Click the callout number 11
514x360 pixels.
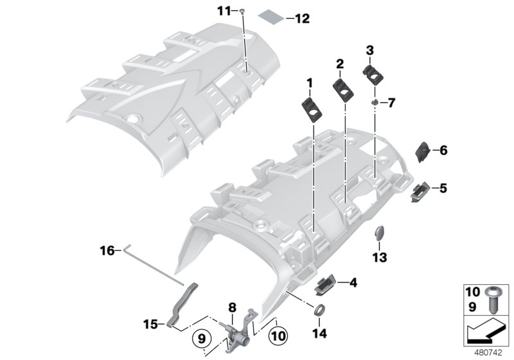click(x=222, y=11)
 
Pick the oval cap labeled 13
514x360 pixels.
click(x=379, y=234)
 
